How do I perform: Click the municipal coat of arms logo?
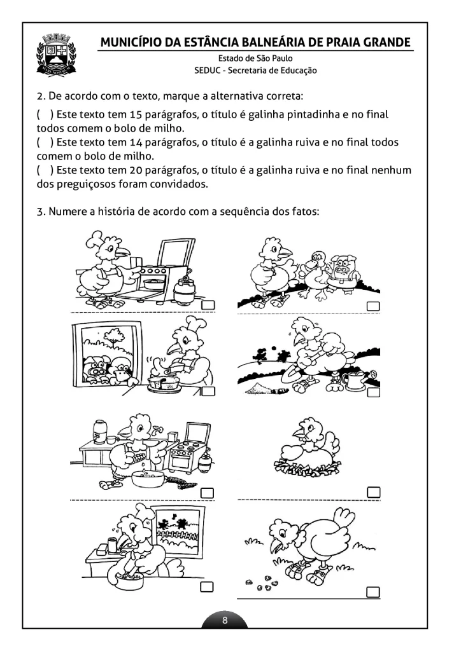[57, 55]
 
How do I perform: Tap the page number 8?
[225, 619]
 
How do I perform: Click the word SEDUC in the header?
[208, 71]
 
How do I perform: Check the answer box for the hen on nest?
[374, 492]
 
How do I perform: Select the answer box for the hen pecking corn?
[374, 591]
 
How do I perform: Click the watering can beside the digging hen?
[354, 380]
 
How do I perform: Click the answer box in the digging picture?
[374, 392]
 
